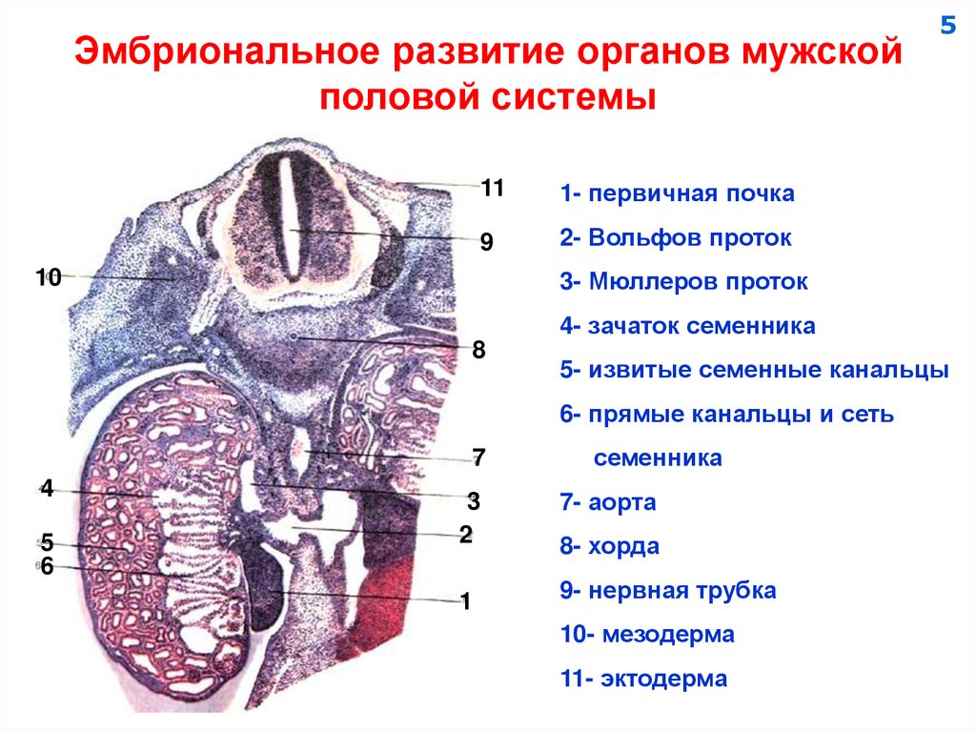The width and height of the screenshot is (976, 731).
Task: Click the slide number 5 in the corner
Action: pyautogui.click(x=946, y=26)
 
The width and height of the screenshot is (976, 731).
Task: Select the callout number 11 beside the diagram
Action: pyautogui.click(x=492, y=188)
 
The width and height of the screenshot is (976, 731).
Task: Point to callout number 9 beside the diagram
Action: pyautogui.click(x=486, y=243)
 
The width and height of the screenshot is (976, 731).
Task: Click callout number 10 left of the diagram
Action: pyautogui.click(x=49, y=277)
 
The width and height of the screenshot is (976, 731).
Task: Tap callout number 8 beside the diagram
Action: pyautogui.click(x=478, y=350)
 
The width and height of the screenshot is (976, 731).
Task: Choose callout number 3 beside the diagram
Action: pyautogui.click(x=473, y=500)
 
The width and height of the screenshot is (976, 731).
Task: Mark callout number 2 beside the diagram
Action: pyautogui.click(x=466, y=535)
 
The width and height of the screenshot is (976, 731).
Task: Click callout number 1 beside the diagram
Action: pyautogui.click(x=466, y=601)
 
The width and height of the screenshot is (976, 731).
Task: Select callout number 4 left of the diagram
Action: pyautogui.click(x=46, y=489)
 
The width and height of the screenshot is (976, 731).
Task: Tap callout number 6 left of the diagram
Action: pyautogui.click(x=46, y=566)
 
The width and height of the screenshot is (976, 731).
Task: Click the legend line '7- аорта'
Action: pyautogui.click(x=608, y=502)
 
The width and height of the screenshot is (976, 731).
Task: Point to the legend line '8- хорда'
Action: pyautogui.click(x=610, y=546)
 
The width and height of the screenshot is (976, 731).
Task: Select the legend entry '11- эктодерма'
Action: pyautogui.click(x=644, y=679)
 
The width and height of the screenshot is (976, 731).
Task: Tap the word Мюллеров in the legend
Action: pyautogui.click(x=650, y=282)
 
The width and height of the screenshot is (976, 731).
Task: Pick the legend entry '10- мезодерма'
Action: pyautogui.click(x=647, y=635)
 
